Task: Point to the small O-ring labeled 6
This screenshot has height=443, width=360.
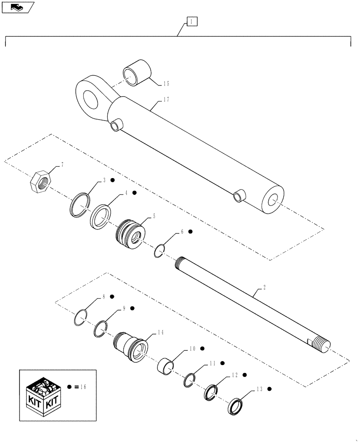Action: pos(160,252)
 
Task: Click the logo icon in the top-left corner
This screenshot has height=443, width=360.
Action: pos(17,7)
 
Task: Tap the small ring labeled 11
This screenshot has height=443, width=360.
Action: pos(189,379)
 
